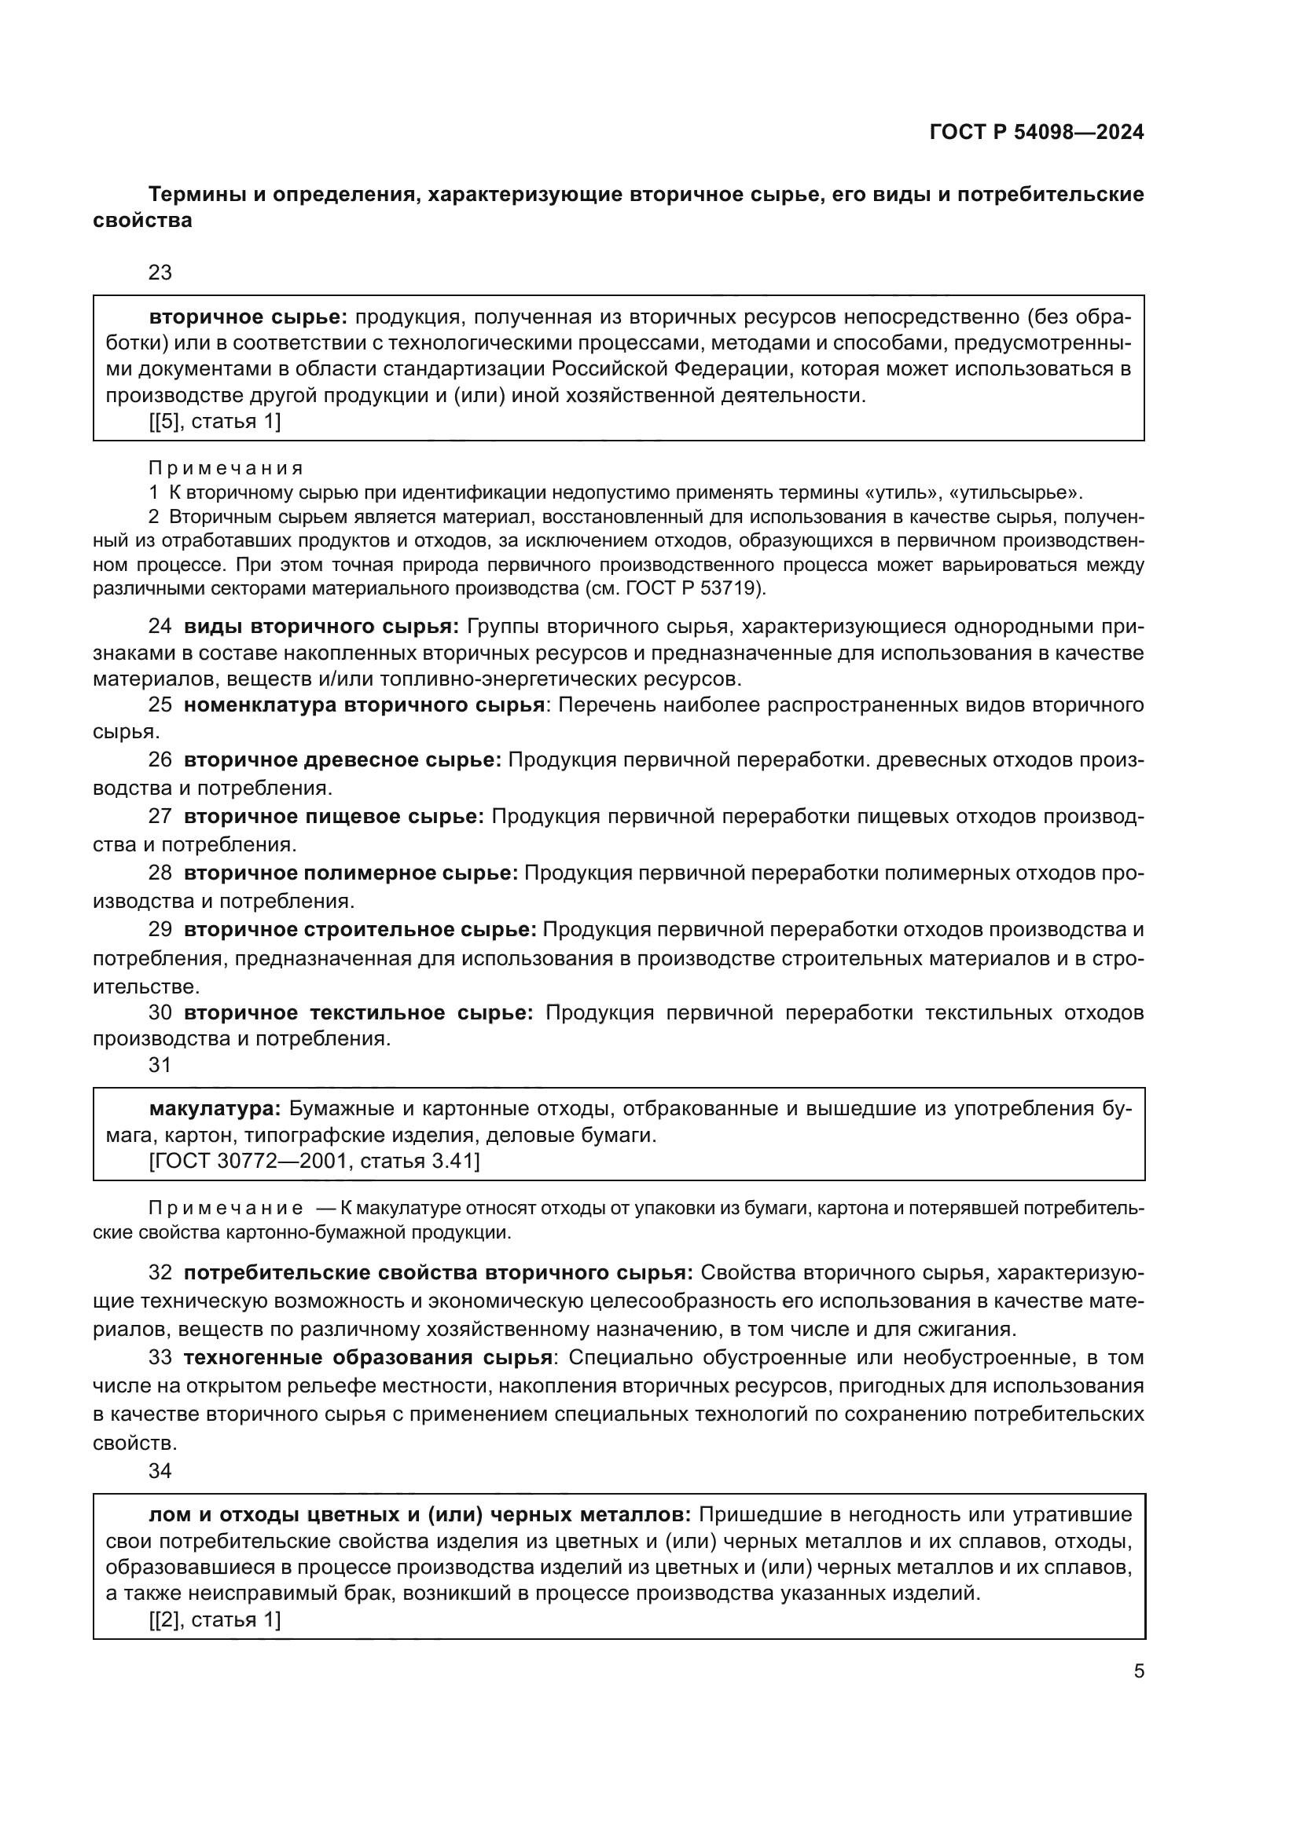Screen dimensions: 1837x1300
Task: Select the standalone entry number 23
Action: (x=160, y=273)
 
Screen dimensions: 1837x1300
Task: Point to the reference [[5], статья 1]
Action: (x=215, y=422)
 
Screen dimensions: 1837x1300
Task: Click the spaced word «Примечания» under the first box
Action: (x=226, y=468)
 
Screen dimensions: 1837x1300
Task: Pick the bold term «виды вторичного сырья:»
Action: (x=321, y=627)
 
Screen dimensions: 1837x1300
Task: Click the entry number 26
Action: (x=160, y=760)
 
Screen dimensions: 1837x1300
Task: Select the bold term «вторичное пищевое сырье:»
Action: (x=334, y=817)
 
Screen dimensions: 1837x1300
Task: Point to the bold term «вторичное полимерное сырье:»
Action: (x=351, y=873)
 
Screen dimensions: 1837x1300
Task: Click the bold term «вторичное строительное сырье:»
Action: (x=360, y=930)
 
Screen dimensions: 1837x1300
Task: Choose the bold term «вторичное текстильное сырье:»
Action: (x=358, y=1013)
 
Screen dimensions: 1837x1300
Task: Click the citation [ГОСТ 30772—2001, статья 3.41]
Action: (x=314, y=1161)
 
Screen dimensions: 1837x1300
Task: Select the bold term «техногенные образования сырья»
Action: (x=368, y=1358)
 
